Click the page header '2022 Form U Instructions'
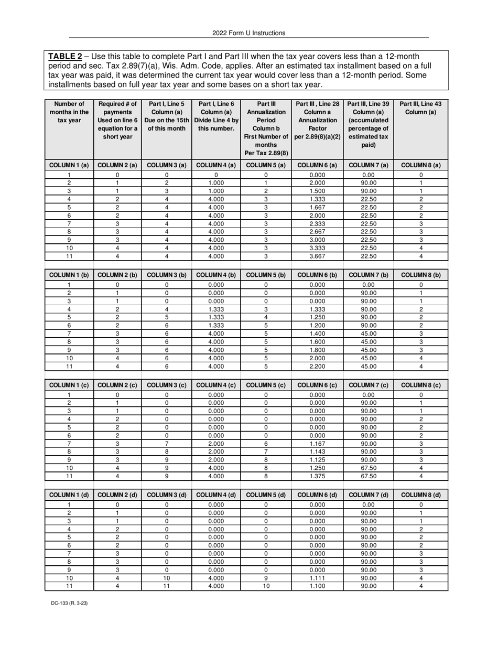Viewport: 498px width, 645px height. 249,33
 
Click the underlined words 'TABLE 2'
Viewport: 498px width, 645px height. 65,56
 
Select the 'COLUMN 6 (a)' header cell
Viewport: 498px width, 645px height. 317,165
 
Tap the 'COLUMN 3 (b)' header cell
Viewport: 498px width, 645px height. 167,275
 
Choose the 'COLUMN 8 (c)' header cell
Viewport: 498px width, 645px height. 421,385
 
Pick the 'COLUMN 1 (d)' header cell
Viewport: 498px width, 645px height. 69,495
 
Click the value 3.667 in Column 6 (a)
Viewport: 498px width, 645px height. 317,256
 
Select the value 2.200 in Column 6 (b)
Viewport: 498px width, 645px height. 317,367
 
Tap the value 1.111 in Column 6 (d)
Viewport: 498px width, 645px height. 317,578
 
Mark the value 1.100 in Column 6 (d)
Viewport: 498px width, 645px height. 317,586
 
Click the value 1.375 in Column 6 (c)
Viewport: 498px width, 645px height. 317,476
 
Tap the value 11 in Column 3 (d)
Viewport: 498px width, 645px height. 167,586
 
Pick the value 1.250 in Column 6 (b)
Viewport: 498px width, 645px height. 317,317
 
